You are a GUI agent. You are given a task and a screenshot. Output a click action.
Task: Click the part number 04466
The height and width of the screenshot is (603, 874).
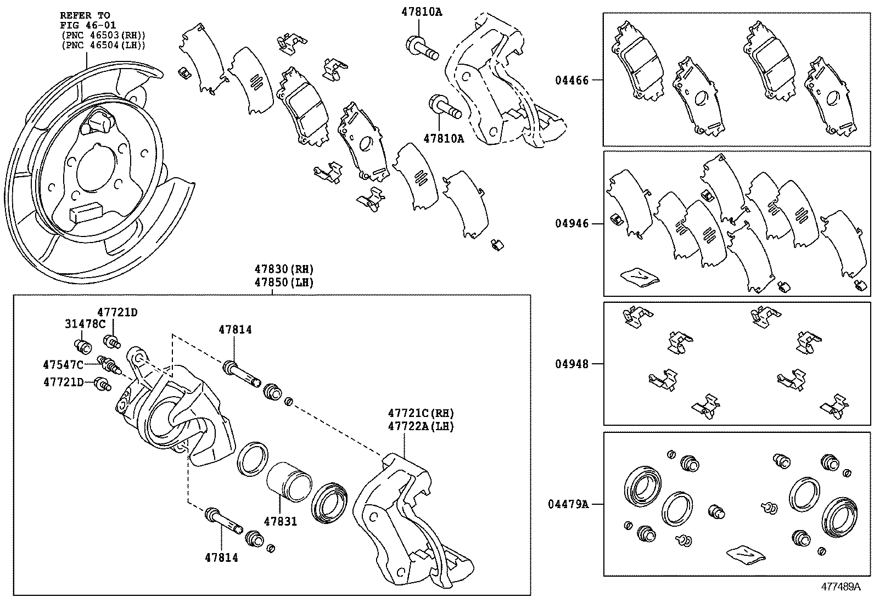point(572,81)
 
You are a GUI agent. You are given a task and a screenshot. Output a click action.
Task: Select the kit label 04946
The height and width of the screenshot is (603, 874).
point(572,224)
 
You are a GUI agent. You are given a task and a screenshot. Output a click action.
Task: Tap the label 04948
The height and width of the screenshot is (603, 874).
point(572,364)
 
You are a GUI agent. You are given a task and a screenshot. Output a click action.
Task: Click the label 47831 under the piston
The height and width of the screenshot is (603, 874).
point(280,522)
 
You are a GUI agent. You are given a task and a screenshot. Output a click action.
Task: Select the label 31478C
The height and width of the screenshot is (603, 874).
point(85,324)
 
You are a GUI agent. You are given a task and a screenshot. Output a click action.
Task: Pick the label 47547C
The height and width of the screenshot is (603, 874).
point(63,365)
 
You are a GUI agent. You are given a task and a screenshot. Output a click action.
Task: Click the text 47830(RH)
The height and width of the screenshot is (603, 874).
point(283,269)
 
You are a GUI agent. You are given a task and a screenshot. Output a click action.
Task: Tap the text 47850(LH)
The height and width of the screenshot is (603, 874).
point(283,282)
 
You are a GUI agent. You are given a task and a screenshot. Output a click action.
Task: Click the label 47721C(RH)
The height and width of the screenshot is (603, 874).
point(421,413)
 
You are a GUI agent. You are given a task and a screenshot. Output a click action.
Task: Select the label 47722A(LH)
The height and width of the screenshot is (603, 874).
point(421,426)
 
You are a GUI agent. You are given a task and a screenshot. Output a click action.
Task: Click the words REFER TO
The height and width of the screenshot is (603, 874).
point(85,15)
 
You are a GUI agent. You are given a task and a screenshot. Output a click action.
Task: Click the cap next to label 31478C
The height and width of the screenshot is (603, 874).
point(82,347)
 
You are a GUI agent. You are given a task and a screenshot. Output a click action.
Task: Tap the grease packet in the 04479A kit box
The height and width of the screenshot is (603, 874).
point(745,555)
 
